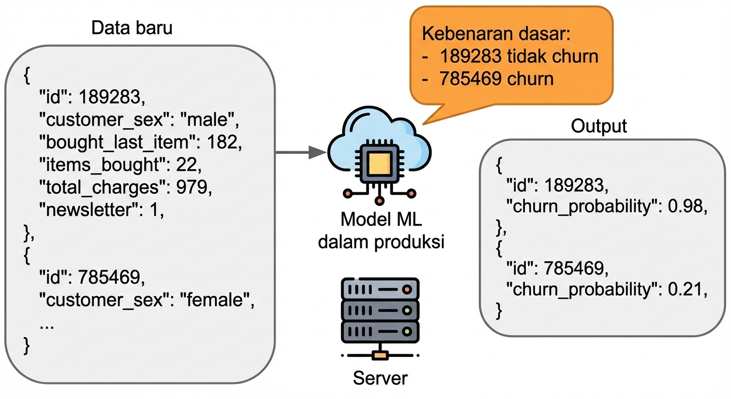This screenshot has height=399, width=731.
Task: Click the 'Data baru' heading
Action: [x=132, y=28]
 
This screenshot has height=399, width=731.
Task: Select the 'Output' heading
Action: [x=599, y=126]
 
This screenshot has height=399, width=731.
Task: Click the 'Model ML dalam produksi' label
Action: [x=381, y=230]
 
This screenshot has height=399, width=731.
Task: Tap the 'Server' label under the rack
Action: [x=380, y=378]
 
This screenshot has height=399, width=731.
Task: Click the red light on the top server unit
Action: [x=408, y=289]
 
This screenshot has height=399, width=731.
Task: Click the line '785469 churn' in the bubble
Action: [x=496, y=79]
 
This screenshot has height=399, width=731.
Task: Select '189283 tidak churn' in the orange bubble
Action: [x=518, y=56]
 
